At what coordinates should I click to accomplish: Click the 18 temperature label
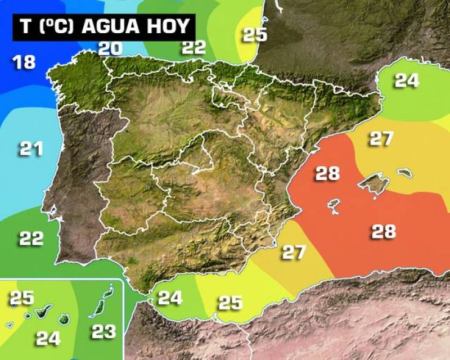24,61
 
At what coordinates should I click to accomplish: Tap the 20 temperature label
110,48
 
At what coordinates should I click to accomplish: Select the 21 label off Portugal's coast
31,149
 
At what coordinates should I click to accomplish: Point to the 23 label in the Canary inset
103,331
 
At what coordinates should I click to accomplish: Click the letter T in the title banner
25,27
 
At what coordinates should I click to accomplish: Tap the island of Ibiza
335,205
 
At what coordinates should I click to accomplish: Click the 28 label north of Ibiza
327,174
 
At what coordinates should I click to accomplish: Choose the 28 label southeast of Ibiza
383,231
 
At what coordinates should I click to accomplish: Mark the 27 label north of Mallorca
381,139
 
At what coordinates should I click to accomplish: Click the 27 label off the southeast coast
294,252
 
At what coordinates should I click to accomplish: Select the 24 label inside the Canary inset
48,338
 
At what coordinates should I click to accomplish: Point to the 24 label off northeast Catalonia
407,80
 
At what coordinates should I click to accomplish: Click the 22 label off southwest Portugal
31,238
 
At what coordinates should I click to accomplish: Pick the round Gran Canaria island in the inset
65,319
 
